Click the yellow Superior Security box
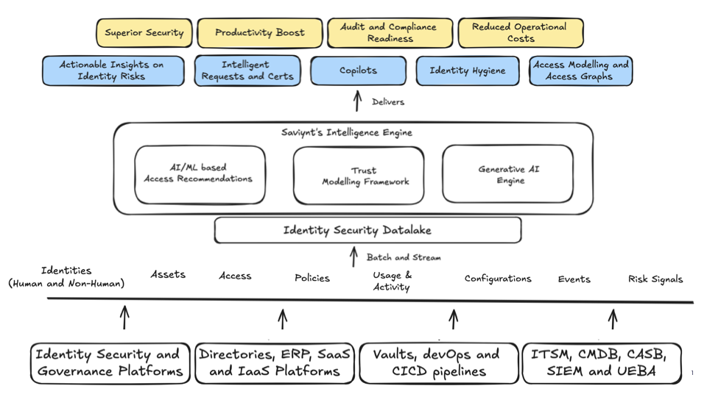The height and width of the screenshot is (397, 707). click(144, 33)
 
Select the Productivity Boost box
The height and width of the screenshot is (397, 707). click(259, 33)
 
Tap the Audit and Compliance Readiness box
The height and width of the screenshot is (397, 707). click(388, 33)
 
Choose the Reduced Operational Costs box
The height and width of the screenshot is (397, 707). click(520, 33)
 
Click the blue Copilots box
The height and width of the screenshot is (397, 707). click(358, 71)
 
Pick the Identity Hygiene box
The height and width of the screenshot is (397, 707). click(468, 71)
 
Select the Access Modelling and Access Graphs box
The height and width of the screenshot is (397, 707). click(581, 71)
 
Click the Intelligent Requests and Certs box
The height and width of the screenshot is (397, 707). click(247, 71)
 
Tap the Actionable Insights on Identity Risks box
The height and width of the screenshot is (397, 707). click(112, 71)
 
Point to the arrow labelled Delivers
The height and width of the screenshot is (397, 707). click(358, 101)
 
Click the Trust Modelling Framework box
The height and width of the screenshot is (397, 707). click(359, 176)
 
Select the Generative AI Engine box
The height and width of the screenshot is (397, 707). click(507, 174)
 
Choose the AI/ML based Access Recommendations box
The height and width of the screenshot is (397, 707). click(200, 174)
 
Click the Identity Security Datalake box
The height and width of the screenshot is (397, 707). click(367, 230)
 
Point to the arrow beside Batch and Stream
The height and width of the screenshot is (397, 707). click(353, 257)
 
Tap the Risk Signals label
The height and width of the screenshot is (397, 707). click(655, 279)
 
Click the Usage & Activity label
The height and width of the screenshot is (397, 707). click(392, 281)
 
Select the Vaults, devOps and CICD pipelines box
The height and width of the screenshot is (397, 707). click(439, 363)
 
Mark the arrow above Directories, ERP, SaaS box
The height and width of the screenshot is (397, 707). click(282, 318)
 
